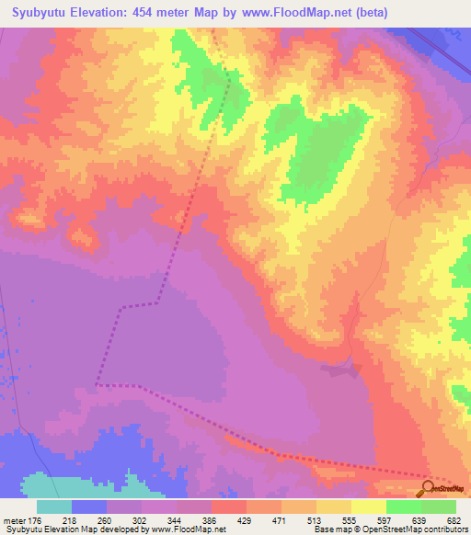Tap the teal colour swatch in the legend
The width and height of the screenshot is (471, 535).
point(54,507)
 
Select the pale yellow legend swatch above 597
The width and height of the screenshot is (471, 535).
point(369,507)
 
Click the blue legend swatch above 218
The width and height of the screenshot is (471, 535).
point(89,507)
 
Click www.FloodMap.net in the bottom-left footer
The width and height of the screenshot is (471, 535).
point(190,529)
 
